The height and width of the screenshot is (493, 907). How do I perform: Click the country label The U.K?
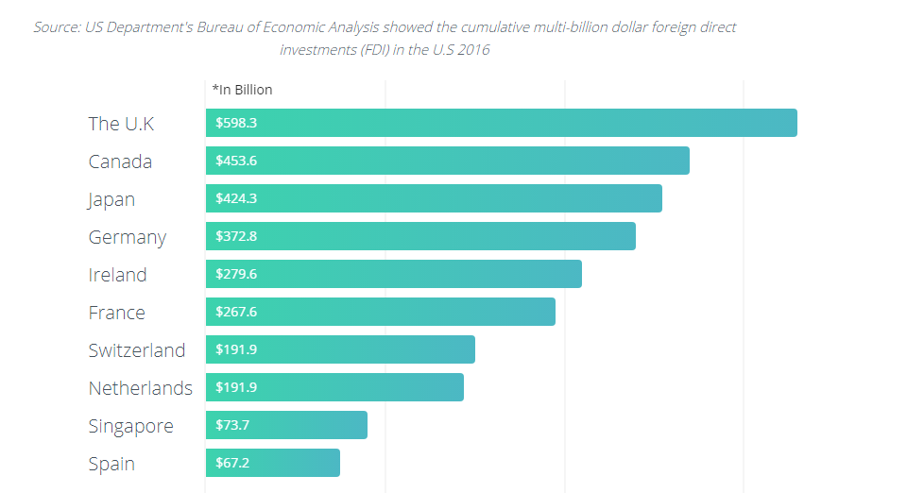121,124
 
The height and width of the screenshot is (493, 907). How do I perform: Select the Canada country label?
120,161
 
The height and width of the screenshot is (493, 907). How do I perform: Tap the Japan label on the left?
111,199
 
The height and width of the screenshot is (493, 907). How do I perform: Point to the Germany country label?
127,237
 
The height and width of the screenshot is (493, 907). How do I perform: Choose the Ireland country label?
117,275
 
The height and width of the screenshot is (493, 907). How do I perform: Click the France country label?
116,313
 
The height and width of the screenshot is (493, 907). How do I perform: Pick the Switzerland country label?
137,350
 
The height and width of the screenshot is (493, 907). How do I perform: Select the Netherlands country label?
140,388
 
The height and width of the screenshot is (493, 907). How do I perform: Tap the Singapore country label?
130,426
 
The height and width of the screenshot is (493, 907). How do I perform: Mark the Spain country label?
111,464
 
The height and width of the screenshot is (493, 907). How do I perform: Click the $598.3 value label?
236,123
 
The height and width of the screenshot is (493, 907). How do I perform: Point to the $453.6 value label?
236,161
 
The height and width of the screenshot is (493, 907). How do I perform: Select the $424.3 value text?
236,198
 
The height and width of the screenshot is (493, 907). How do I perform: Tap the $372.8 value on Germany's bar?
236,236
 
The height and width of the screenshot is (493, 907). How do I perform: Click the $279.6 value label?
236,274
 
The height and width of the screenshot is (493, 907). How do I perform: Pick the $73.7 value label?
232,425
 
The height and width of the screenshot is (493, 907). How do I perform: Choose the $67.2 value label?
232,463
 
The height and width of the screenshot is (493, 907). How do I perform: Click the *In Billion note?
242,90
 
